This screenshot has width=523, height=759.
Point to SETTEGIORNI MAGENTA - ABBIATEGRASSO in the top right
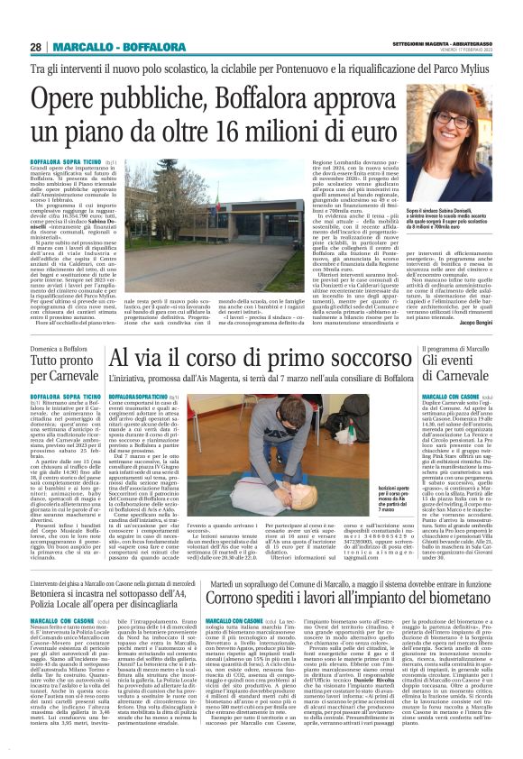[x=453, y=43]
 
